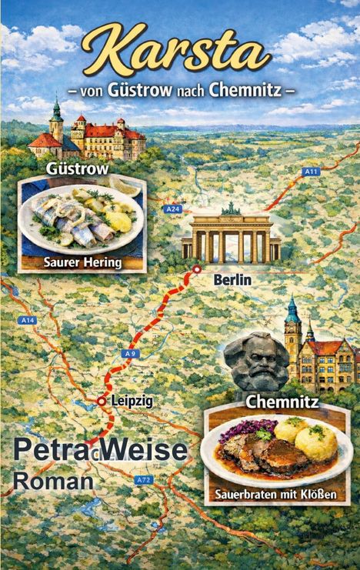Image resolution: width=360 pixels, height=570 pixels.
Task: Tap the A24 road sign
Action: [173, 208]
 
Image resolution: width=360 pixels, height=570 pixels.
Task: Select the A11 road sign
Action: [311, 172]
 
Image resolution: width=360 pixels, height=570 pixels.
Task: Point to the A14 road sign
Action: [28, 319]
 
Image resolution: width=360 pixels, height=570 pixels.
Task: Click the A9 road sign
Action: [130, 352]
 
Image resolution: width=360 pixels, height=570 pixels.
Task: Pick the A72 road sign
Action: [143, 479]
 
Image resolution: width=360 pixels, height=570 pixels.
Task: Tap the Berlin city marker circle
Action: [198, 268]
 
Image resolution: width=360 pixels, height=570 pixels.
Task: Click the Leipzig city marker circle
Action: [102, 401]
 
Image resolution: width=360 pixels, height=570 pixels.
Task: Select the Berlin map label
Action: [232, 280]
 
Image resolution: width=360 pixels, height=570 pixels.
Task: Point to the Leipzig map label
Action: [132, 401]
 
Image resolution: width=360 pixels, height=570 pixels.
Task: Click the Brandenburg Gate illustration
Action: [231, 234]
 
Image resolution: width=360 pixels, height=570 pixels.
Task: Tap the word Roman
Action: [54, 481]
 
